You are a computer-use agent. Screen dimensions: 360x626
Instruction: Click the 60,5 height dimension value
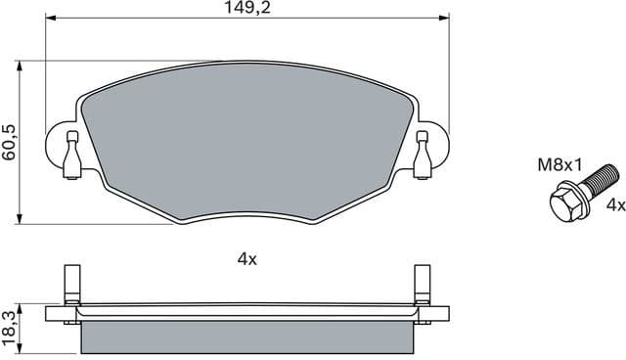[11, 142]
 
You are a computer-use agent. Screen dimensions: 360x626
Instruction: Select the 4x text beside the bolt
[614, 205]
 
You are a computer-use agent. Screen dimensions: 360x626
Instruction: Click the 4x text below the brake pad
[246, 259]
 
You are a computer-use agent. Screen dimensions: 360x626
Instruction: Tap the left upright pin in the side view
[71, 285]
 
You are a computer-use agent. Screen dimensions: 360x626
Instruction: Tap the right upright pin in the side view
[422, 285]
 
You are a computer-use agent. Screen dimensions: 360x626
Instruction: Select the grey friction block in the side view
[246, 336]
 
